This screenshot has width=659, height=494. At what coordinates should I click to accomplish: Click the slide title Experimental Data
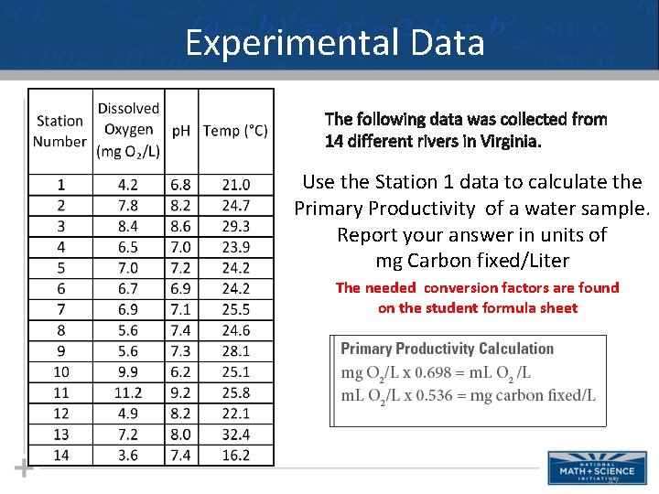pyautogui.click(x=335, y=42)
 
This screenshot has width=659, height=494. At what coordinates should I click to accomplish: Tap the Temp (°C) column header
pyautogui.click(x=235, y=131)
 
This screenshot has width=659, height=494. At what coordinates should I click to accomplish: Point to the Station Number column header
pyautogui.click(x=59, y=131)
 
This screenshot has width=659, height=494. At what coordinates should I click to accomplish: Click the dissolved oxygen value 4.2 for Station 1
pyautogui.click(x=128, y=185)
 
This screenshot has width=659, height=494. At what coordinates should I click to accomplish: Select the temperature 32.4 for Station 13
pyautogui.click(x=235, y=435)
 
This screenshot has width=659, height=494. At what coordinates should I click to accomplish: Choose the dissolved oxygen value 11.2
pyautogui.click(x=128, y=392)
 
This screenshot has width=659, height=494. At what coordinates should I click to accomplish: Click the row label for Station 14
pyautogui.click(x=60, y=455)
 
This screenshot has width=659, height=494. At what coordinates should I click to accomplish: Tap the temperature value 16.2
pyautogui.click(x=235, y=455)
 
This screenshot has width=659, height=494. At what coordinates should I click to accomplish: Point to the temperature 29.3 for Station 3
pyautogui.click(x=235, y=226)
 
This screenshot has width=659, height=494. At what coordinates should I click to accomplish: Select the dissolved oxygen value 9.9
pyautogui.click(x=128, y=371)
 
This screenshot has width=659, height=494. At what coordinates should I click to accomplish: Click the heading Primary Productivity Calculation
pyautogui.click(x=447, y=349)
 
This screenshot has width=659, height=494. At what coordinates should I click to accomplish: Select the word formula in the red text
pyautogui.click(x=519, y=308)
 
